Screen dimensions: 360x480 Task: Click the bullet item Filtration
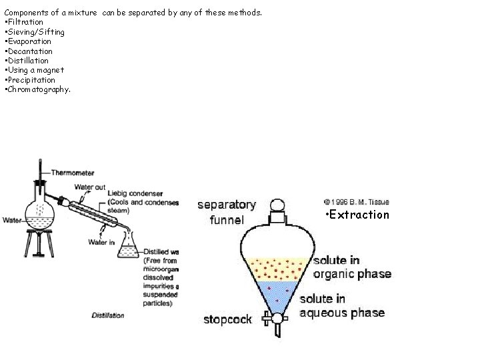pyautogui.click(x=25, y=22)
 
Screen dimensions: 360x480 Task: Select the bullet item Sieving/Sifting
pyautogui.click(x=35, y=31)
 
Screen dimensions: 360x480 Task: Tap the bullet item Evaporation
pyautogui.click(x=28, y=41)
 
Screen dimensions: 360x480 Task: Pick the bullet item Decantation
pyautogui.click(x=29, y=51)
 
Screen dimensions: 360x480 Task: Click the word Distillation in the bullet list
pyautogui.click(x=28, y=61)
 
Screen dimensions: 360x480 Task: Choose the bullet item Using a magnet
pyautogui.click(x=35, y=70)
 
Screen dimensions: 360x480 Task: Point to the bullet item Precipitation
pyautogui.click(x=31, y=80)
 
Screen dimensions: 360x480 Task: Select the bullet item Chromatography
pyautogui.click(x=37, y=89)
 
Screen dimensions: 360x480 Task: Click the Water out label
pyautogui.click(x=89, y=187)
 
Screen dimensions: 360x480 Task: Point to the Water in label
pyautogui.click(x=101, y=242)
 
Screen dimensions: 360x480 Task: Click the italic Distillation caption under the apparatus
pyautogui.click(x=108, y=315)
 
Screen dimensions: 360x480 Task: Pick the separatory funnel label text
pyautogui.click(x=226, y=212)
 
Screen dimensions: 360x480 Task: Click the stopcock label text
pyautogui.click(x=227, y=319)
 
